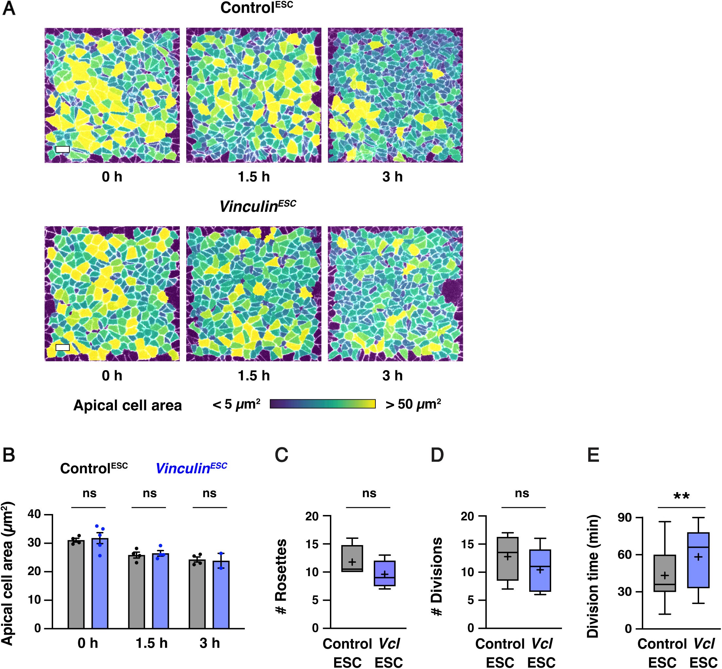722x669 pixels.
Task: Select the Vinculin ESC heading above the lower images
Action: click(x=258, y=206)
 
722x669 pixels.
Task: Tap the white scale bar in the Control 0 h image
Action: click(x=62, y=149)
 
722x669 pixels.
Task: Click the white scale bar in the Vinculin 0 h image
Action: click(x=62, y=348)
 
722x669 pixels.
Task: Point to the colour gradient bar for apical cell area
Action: click(x=322, y=404)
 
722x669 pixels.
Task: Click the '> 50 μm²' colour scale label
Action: click(x=413, y=404)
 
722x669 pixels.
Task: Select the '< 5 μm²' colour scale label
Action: click(x=236, y=404)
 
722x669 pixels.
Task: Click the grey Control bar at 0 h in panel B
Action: click(x=76, y=584)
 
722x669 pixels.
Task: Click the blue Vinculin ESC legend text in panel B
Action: click(x=191, y=468)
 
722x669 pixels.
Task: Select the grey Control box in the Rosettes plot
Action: click(x=352, y=558)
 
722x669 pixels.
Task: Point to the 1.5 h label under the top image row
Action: click(x=254, y=177)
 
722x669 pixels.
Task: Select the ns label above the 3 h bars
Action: click(x=209, y=493)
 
